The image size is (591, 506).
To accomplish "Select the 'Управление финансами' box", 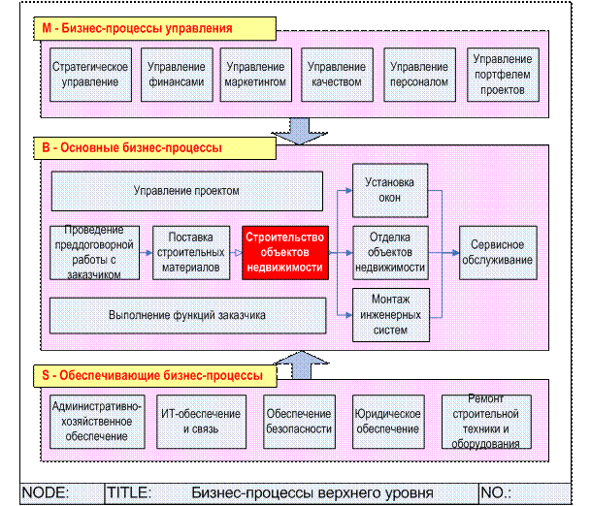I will point(176,75).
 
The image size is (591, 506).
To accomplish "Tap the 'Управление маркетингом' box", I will point(255,75).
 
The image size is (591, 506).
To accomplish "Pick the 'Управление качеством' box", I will point(336,75).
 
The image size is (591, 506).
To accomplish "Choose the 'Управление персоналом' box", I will point(418,75).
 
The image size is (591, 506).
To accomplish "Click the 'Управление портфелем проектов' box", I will point(502,75).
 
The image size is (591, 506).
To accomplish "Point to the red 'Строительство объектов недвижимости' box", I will point(284,252).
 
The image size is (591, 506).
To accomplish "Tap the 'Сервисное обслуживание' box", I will point(497,252).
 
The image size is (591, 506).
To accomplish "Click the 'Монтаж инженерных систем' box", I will point(389,314).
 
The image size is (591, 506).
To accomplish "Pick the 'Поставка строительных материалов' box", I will point(190,252).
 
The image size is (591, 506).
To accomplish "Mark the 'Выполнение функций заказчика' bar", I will point(186,316).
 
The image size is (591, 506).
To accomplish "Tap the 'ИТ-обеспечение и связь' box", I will point(190,422).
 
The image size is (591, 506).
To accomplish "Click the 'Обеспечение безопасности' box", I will point(299,422).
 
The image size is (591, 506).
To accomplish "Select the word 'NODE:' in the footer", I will point(46,492).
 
